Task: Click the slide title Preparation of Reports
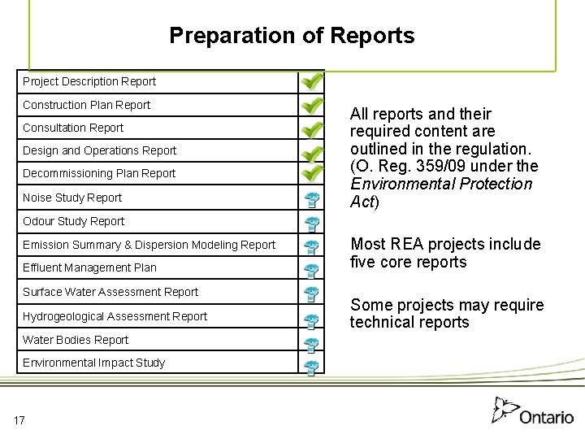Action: [292, 36]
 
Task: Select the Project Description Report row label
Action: [89, 81]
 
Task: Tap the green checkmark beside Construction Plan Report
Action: [311, 106]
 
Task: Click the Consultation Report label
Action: [73, 128]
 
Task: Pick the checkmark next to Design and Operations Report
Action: [311, 152]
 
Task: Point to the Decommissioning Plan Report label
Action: [99, 173]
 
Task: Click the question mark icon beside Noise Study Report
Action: [311, 199]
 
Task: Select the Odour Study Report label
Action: [74, 221]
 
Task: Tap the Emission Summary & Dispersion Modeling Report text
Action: [149, 245]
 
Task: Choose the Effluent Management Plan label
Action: [89, 267]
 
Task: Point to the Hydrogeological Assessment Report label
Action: [115, 316]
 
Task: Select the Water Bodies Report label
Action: [76, 340]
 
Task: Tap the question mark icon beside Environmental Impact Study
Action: [311, 367]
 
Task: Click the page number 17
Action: [19, 420]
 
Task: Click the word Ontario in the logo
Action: [547, 417]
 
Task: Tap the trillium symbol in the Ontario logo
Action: [505, 409]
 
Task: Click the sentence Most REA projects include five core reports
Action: [445, 253]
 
